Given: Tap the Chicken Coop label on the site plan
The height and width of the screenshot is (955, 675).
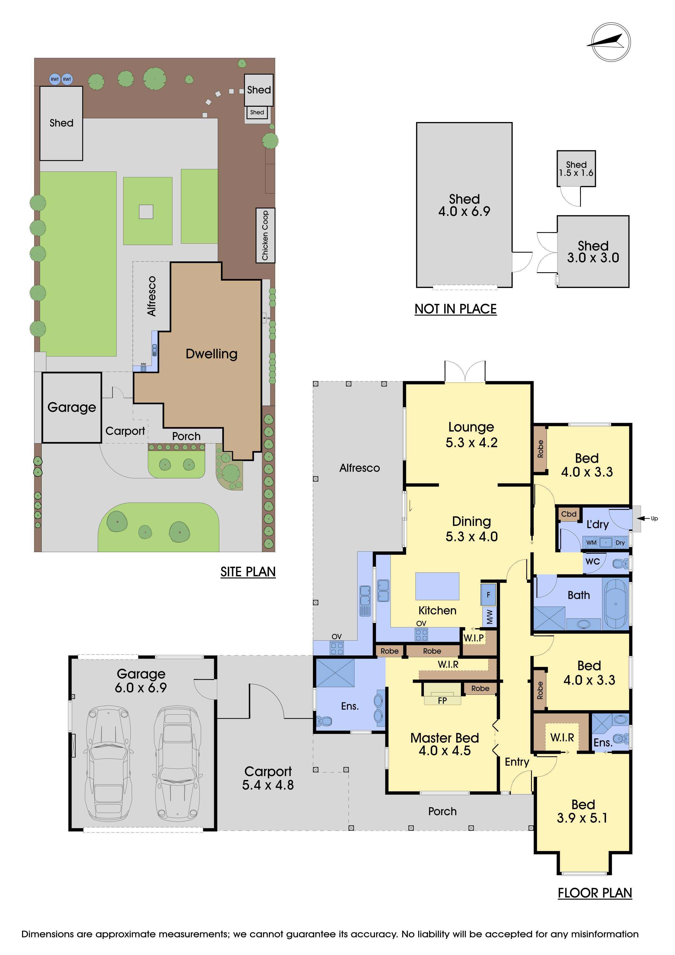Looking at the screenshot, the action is click(265, 235).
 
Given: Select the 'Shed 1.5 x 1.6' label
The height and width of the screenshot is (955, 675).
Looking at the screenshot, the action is click(576, 169).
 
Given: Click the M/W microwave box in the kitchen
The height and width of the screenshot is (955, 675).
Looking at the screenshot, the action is click(489, 616).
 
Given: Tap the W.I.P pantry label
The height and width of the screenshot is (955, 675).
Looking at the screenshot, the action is click(474, 638).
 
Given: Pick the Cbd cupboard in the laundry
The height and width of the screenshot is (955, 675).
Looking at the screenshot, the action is click(569, 514).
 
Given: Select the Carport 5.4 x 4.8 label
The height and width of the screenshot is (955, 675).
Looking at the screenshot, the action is click(268, 778).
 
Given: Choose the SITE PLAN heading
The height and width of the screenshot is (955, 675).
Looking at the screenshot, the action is click(248, 572).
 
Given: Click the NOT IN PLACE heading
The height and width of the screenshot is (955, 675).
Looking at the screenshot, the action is click(455, 309).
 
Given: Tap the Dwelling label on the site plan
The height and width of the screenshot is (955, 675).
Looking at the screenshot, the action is click(212, 354).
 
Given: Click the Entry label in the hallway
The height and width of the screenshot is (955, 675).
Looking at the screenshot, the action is click(517, 762).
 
